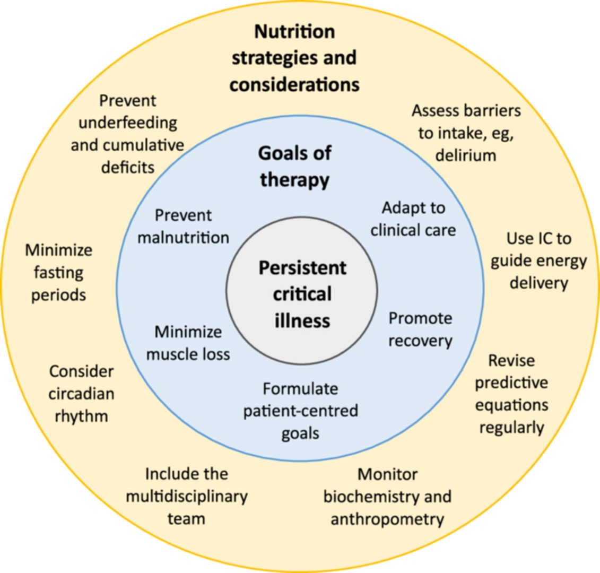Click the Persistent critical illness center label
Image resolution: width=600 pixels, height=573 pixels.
[x=302, y=294]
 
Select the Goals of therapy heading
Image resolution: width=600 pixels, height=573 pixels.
[x=294, y=167]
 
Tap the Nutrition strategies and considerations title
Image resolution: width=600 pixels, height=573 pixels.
[x=294, y=58]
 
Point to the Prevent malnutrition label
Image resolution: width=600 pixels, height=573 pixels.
[x=184, y=226]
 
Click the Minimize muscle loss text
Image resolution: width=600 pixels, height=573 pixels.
[x=188, y=343]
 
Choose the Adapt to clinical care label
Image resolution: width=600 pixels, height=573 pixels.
[x=413, y=219]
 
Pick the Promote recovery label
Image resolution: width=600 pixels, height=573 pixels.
[x=420, y=329]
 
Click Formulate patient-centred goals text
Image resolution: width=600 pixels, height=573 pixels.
[x=300, y=411]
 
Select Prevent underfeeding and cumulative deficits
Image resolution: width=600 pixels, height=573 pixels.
[x=127, y=134]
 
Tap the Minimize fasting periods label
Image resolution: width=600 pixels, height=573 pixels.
[x=58, y=272]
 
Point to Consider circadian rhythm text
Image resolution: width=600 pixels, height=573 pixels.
[x=81, y=393]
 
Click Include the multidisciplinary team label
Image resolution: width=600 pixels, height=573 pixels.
[x=187, y=496]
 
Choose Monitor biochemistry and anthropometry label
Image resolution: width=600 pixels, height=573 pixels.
[x=387, y=496]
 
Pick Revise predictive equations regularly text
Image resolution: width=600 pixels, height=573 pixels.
[x=511, y=394]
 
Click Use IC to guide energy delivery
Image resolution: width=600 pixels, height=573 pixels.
[x=538, y=261]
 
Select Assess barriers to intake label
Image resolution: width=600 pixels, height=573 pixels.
[x=466, y=133]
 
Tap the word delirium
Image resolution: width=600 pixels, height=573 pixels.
[x=465, y=155]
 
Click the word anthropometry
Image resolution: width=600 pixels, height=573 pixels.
[x=387, y=518]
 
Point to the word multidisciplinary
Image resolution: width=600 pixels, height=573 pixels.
[x=187, y=496]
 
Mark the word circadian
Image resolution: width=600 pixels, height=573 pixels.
[x=81, y=394]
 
